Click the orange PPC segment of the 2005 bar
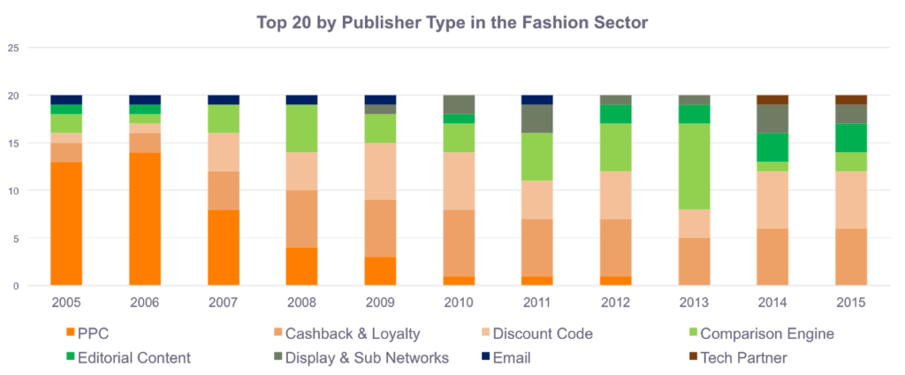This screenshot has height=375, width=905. click(66, 223)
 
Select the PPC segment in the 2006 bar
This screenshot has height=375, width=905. click(145, 218)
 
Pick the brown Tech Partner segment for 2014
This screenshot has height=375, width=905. click(772, 100)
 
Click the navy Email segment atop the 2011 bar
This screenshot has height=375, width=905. click(536, 100)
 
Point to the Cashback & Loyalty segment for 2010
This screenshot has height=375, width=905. click(458, 242)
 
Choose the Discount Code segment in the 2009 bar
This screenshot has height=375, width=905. click(380, 171)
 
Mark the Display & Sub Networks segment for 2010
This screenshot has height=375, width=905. click(458, 104)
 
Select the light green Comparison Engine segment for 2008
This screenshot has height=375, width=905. click(301, 128)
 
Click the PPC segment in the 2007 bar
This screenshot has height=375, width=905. click(223, 247)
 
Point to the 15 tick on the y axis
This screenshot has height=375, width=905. click(12, 143)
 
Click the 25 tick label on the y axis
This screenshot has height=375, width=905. click(12, 48)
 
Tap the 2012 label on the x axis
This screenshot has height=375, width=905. click(615, 302)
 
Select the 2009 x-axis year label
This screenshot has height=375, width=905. click(380, 302)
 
